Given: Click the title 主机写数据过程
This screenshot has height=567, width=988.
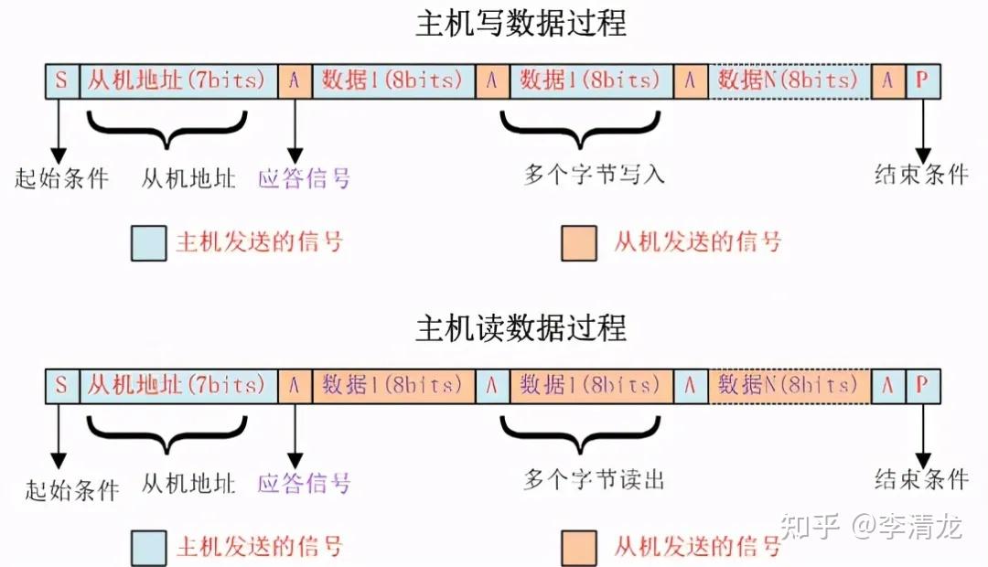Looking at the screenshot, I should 521,24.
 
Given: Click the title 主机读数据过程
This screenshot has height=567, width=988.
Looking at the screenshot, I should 521,327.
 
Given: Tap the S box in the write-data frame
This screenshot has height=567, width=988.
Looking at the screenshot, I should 61,80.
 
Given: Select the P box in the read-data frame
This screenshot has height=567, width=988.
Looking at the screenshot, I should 921,385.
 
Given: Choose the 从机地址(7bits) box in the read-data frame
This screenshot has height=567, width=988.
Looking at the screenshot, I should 178,385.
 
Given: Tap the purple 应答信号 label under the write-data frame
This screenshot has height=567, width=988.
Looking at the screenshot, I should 304,177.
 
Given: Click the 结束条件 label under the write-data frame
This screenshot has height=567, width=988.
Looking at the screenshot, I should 920,175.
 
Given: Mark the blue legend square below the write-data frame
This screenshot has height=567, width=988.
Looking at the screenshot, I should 148,243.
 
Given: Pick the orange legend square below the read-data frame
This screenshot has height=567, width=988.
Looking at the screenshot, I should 579,548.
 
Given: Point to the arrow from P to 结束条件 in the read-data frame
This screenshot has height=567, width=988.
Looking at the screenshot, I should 921,433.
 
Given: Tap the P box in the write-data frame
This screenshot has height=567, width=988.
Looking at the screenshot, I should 921,80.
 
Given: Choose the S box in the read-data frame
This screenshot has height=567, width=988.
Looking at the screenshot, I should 61,385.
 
